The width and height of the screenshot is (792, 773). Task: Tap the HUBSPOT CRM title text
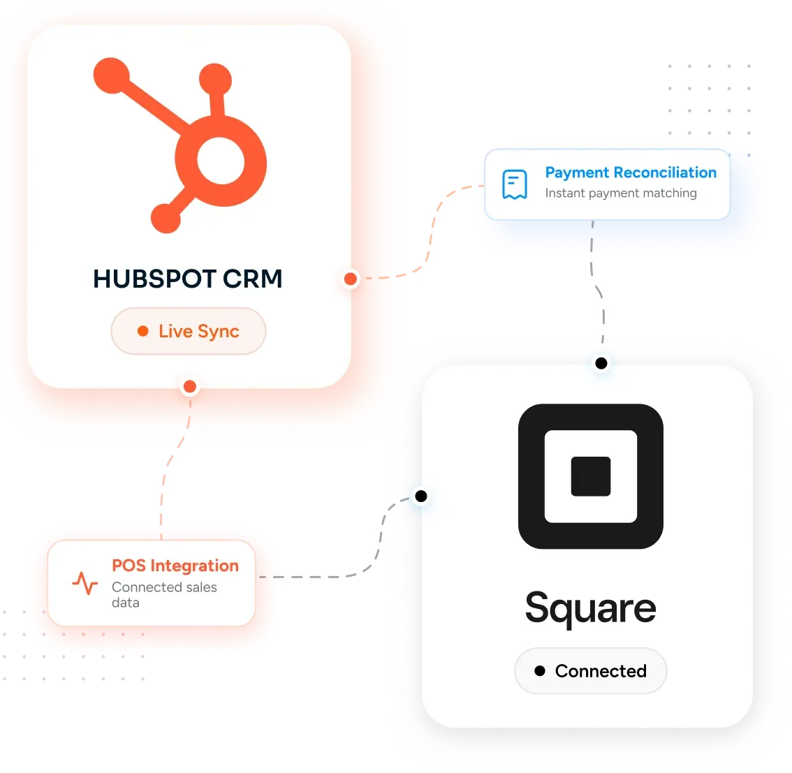[x=187, y=279]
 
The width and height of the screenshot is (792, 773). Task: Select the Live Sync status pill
[x=189, y=331]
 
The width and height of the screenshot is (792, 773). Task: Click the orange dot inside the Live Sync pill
[x=143, y=331]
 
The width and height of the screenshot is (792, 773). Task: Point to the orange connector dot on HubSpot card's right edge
[x=351, y=279]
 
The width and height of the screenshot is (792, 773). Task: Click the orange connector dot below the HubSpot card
[x=190, y=387]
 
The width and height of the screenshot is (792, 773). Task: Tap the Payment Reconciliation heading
[x=631, y=172]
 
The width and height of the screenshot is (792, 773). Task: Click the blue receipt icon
[x=515, y=184]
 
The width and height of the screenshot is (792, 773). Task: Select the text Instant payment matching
[x=621, y=193]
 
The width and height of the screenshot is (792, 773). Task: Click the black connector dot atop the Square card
[x=601, y=363]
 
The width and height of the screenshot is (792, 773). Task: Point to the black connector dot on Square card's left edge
[x=421, y=496]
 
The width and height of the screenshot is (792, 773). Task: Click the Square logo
[x=590, y=476]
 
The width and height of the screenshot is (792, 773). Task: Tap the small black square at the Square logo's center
[x=590, y=476]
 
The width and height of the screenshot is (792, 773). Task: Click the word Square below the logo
[x=590, y=608]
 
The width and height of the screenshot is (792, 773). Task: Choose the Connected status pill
[x=590, y=671]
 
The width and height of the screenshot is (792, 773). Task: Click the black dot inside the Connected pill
[x=540, y=670]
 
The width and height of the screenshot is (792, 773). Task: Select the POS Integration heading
[x=175, y=566]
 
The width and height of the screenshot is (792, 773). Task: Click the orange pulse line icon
[x=85, y=583]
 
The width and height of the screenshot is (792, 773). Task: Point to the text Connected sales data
[x=164, y=595]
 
